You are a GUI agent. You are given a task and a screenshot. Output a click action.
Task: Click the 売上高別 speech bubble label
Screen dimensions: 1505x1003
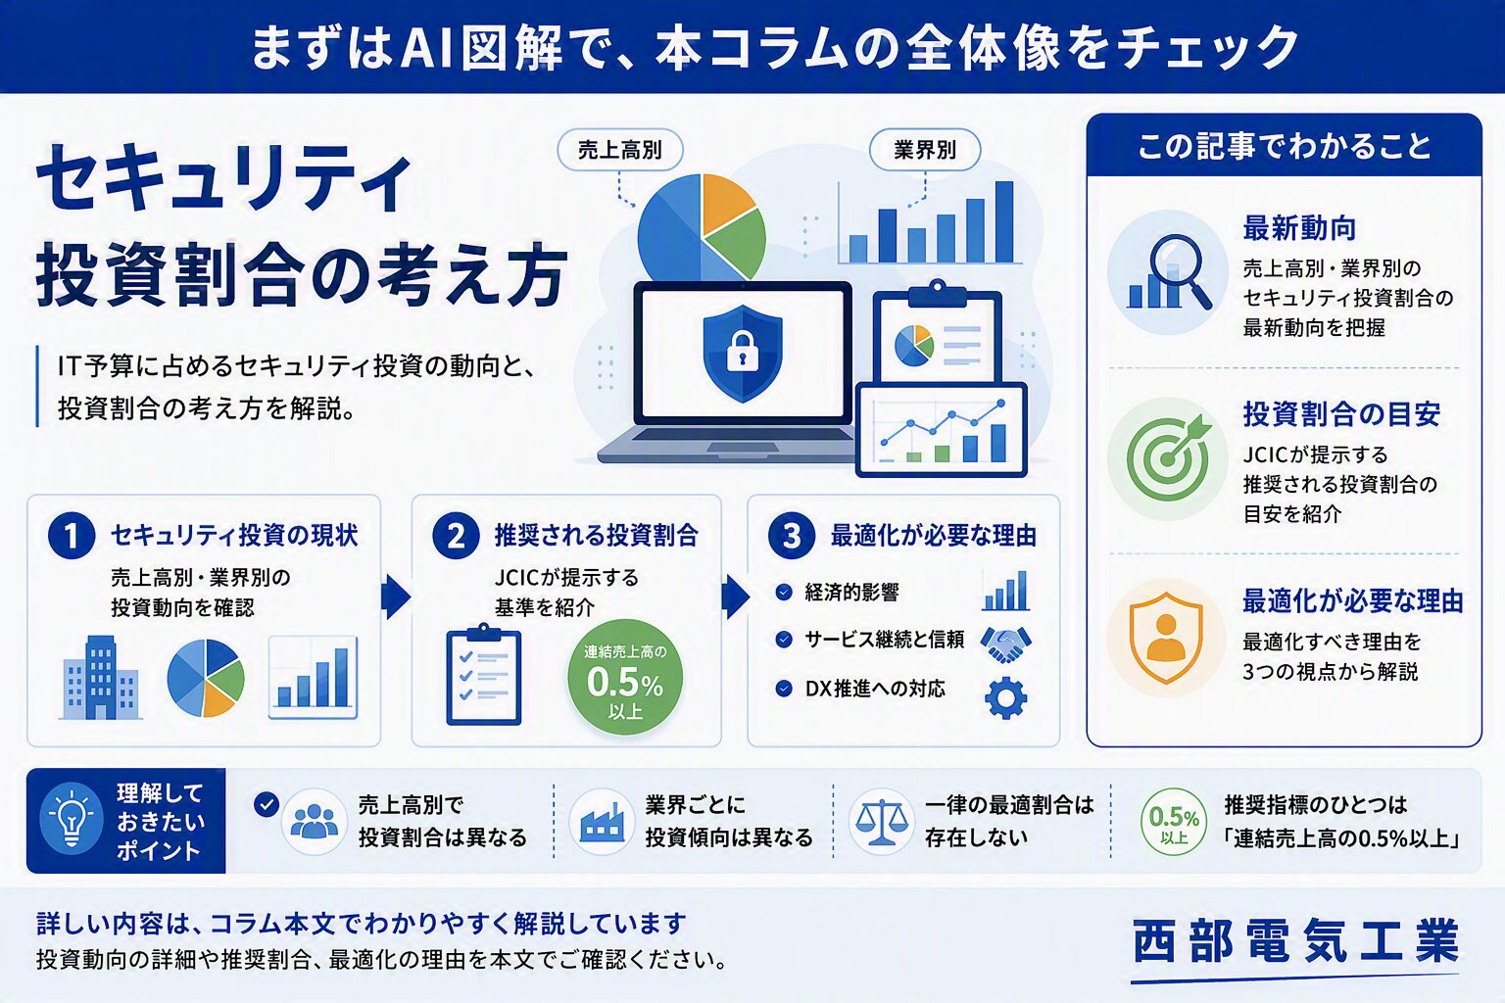(x=619, y=150)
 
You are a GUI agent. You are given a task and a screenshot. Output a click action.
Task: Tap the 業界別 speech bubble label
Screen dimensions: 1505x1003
(x=925, y=150)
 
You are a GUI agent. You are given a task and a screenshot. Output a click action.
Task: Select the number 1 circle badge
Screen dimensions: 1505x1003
(x=72, y=536)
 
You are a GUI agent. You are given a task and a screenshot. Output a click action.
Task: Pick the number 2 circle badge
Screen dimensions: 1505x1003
(x=456, y=536)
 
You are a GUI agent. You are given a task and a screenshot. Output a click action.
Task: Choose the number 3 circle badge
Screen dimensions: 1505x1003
(x=792, y=536)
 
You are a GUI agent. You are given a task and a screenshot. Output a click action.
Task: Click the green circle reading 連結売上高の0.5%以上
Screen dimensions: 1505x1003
(x=625, y=677)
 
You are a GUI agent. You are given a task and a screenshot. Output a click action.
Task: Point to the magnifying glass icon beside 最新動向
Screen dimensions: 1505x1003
(x=1169, y=272)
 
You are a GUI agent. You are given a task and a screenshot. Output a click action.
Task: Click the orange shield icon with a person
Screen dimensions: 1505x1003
(x=1166, y=638)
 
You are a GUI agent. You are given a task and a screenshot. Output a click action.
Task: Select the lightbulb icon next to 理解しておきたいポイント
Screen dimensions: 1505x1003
(x=72, y=819)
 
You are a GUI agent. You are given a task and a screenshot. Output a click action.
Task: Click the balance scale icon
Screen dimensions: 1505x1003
(x=881, y=822)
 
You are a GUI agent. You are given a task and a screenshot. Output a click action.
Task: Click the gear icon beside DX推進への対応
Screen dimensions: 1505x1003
(x=1005, y=698)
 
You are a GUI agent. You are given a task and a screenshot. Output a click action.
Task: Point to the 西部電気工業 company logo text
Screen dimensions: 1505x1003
(x=1296, y=941)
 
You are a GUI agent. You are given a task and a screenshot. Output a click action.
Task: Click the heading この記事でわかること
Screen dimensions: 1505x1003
(x=1284, y=147)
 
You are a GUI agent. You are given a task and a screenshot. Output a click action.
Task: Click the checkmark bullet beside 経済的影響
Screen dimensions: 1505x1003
(x=784, y=592)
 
